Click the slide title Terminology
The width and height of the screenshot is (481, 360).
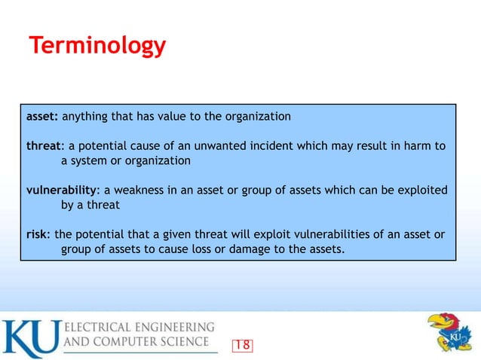click(97, 46)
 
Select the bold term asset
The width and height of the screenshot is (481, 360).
click(42, 117)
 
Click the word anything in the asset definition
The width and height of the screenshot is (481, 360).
click(85, 117)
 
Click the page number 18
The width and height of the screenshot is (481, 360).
click(242, 345)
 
